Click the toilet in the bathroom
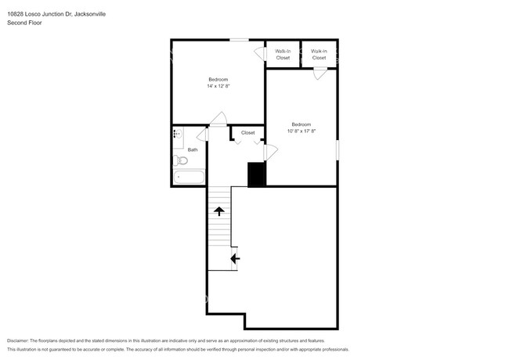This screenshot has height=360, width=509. [182, 160]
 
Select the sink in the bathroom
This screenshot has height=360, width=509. [177, 135]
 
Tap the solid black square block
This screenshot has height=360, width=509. [256, 175]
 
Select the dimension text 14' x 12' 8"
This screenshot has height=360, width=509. [218, 85]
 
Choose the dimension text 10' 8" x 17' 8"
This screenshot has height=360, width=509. [301, 131]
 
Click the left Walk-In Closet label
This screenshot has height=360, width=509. [283, 54]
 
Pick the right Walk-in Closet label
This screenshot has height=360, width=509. [319, 54]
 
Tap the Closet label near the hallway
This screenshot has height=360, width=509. [247, 132]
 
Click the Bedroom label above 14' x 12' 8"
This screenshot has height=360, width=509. [218, 79]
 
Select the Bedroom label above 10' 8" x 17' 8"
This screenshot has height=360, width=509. [301, 124]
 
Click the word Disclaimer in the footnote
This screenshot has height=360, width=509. [21, 341]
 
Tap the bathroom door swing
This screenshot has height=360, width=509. [202, 134]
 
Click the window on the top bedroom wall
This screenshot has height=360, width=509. [239, 39]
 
